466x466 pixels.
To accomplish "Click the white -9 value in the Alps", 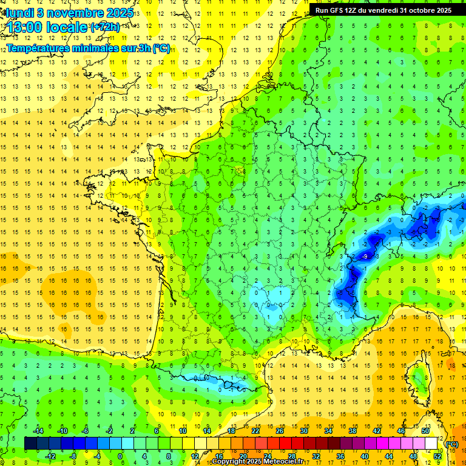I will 365,257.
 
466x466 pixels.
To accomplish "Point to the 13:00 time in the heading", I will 28,27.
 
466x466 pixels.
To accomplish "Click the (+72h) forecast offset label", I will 105,27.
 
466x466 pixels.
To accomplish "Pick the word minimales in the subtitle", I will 94,48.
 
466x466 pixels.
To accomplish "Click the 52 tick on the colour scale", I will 437,456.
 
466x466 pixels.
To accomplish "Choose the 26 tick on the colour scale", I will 280,431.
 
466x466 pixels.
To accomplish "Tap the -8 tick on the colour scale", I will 73,456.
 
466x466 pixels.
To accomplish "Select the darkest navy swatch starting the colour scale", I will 30,443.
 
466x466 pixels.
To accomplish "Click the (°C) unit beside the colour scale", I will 452,444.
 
